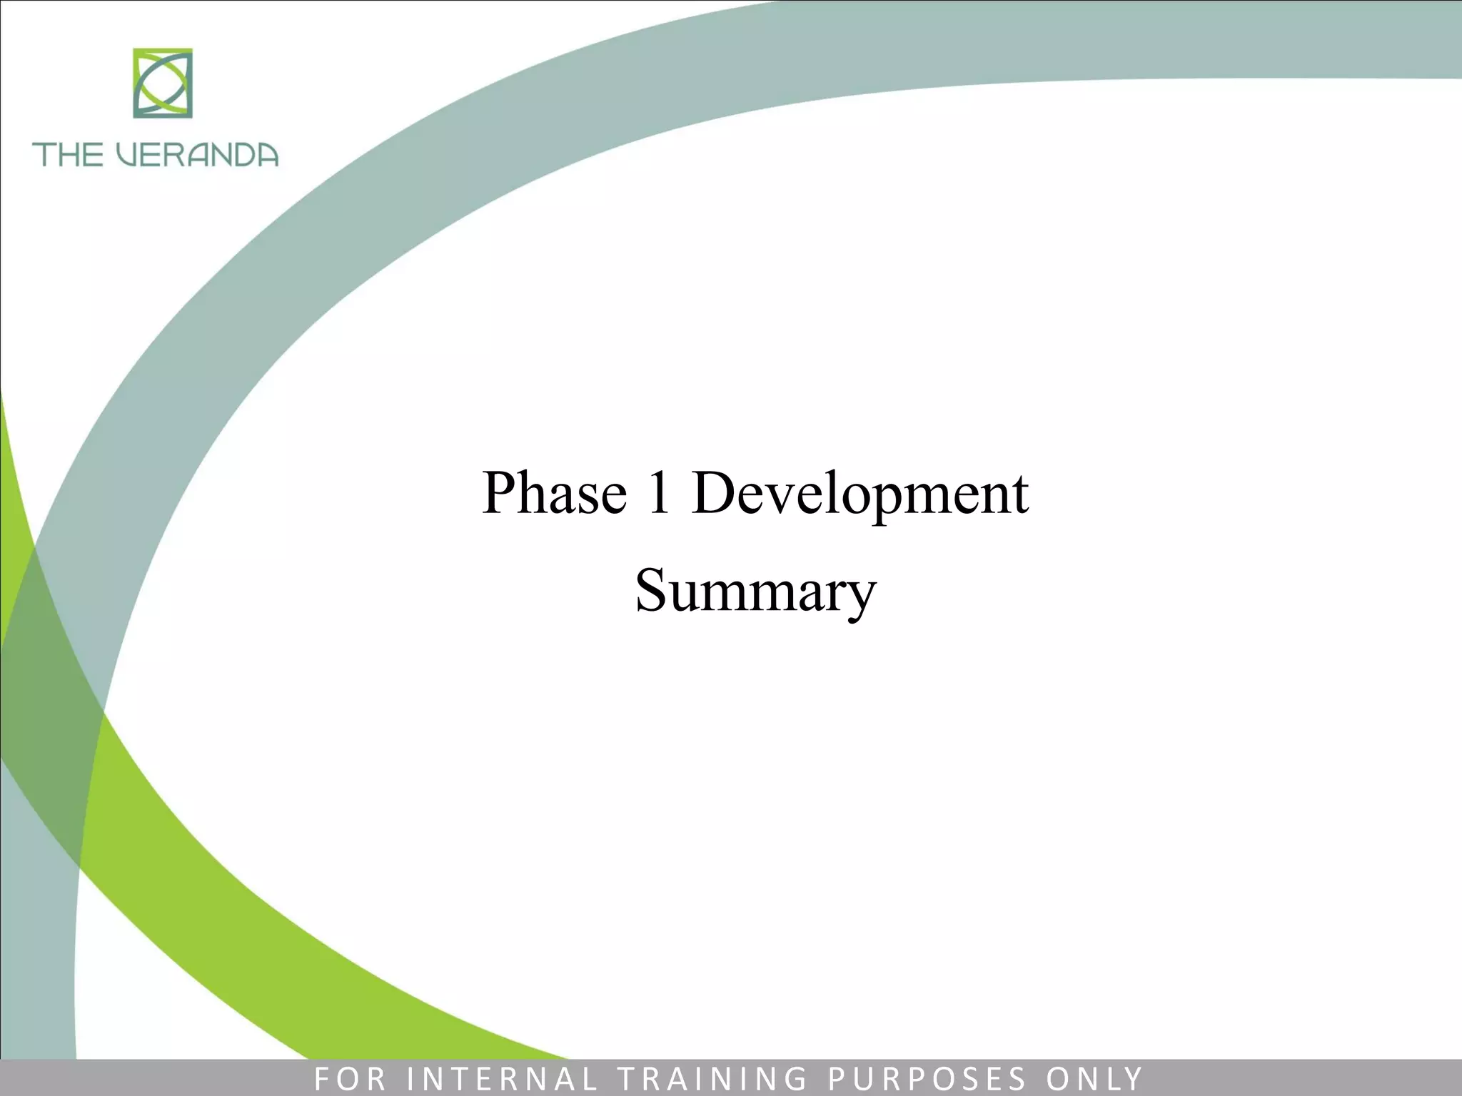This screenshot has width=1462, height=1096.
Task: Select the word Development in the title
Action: (x=859, y=494)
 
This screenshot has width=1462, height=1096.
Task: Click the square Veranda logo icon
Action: (x=163, y=83)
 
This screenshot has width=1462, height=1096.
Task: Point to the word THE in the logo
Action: (x=68, y=155)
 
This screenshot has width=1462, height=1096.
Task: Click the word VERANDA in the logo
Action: (x=197, y=155)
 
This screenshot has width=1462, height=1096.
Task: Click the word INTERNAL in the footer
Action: (x=501, y=1079)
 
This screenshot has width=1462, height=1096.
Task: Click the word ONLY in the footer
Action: (x=1094, y=1079)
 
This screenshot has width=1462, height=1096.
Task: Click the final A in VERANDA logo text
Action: (x=266, y=155)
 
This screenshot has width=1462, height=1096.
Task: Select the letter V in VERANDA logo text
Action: (x=126, y=155)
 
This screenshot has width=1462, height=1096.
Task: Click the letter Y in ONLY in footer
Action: (x=1134, y=1079)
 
